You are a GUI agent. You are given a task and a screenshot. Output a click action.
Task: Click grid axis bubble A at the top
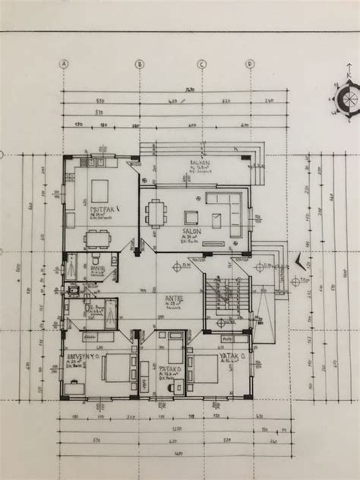[66, 64]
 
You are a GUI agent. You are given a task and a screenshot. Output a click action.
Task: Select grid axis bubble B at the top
[140, 64]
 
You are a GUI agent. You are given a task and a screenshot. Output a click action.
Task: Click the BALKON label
[199, 163]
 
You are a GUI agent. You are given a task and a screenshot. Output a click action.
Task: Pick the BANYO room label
[97, 267]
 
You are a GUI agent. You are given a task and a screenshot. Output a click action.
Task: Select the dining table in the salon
[158, 212]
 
